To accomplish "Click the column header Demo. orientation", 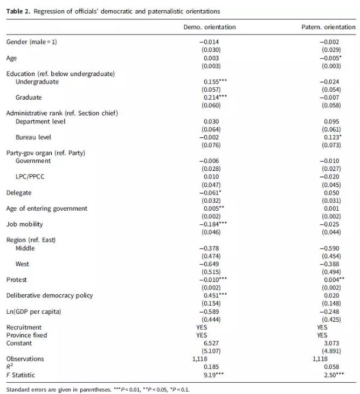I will [210, 27].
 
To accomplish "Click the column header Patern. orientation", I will [328, 27].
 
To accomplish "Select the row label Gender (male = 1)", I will [31, 42].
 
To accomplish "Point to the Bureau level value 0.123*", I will [330, 137].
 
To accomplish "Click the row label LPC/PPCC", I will [31, 177].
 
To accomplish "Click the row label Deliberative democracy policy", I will [50, 295].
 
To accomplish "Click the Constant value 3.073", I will [329, 343].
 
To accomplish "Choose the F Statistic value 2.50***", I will [330, 374].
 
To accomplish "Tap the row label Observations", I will [25, 358].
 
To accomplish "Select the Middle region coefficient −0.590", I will [329, 248].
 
